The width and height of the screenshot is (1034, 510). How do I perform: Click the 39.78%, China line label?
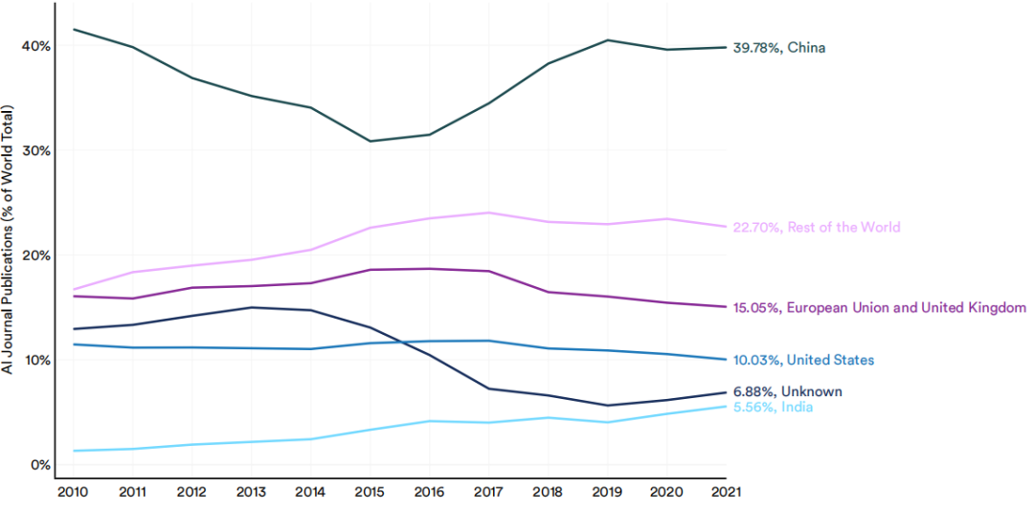779,48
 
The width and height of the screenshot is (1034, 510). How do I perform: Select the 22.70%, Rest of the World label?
817,228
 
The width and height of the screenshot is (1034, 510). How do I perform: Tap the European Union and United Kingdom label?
879,308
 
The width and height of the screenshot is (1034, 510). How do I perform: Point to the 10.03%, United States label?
803,361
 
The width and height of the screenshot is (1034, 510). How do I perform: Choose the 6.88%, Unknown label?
787,392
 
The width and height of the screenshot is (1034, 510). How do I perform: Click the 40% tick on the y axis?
34,46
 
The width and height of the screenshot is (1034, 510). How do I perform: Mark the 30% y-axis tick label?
34,151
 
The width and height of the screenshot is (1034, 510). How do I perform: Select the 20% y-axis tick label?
34,255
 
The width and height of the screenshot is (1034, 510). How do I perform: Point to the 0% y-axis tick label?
38,465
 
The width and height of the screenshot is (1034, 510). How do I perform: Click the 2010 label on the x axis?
73,492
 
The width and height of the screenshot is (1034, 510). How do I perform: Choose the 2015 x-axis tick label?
370,492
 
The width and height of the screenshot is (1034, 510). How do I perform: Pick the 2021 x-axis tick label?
726,492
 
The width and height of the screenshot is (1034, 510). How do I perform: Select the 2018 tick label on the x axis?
548,492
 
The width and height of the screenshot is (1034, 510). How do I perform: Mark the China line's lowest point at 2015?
370,142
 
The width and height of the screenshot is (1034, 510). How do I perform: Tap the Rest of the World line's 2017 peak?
488,212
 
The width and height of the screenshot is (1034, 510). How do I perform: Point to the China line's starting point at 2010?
74,30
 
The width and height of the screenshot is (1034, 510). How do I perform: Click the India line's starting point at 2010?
74,451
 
